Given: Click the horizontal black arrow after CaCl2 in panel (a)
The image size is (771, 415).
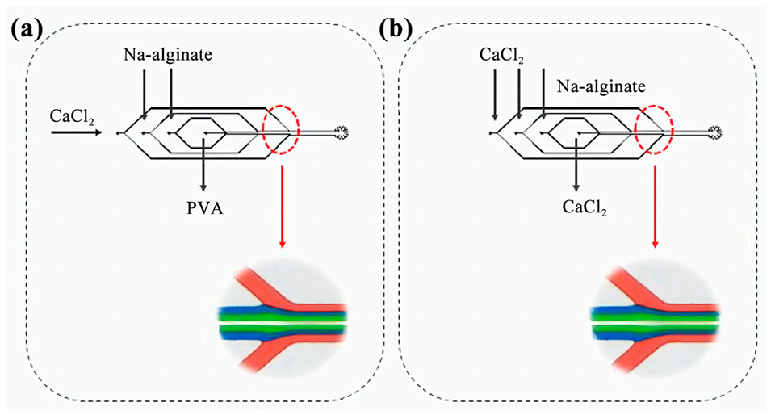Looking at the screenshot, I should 76,131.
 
